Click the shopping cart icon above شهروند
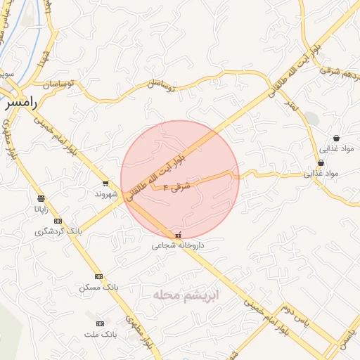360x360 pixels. [x=105, y=183]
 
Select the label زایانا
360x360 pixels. [x=40, y=208]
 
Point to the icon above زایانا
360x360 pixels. [x=40, y=198]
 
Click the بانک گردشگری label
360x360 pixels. [x=59, y=231]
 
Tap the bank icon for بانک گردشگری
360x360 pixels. [x=58, y=221]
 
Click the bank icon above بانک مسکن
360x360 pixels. [x=98, y=276]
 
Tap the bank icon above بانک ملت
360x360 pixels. [x=100, y=323]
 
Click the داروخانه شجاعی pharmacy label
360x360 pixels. [x=179, y=246]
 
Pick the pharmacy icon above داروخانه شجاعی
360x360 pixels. [x=177, y=235]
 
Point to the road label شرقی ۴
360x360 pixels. [x=176, y=188]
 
